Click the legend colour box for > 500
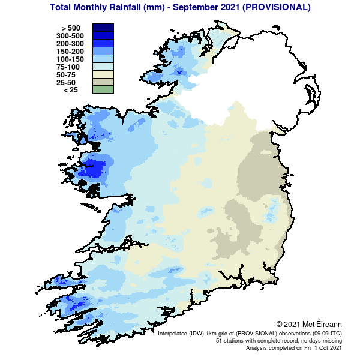point(103,28)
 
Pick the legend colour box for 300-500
point(103,35)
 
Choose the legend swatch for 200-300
point(103,43)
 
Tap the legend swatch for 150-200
point(103,51)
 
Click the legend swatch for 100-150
point(103,59)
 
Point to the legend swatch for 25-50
point(103,82)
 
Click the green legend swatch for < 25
point(103,90)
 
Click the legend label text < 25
point(70,90)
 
